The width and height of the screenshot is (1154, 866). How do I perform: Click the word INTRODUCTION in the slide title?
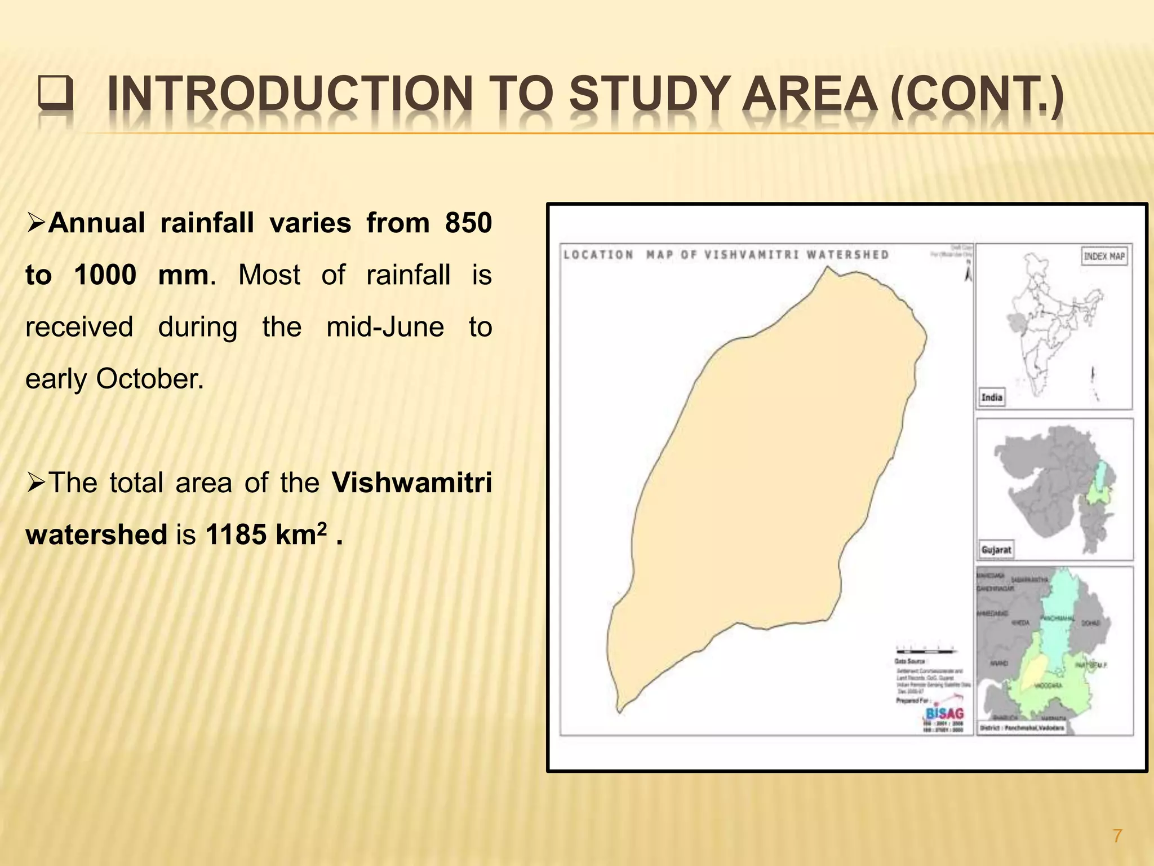pos(290,95)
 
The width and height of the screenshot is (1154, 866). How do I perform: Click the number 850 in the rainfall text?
pos(468,223)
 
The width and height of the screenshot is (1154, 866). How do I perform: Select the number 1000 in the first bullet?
pos(105,275)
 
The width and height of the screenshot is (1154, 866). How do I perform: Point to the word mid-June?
pos(385,327)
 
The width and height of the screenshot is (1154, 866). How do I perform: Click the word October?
pos(149,379)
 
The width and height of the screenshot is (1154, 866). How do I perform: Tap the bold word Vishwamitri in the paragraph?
pos(411,483)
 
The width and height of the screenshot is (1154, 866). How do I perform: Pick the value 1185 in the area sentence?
pos(236,534)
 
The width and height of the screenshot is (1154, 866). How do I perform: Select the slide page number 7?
pos(1117,835)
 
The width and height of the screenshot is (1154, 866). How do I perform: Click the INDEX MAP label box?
pos(1104,257)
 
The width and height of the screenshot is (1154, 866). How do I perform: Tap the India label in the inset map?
pos(992,397)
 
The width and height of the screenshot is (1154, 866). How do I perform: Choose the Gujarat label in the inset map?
pos(996,550)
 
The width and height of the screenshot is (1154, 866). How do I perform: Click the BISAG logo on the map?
pos(944,713)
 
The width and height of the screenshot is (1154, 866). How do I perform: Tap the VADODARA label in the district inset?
pos(1048,686)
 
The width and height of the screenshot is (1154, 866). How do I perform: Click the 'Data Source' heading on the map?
pos(910,661)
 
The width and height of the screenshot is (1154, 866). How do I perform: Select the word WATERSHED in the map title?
pos(847,255)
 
